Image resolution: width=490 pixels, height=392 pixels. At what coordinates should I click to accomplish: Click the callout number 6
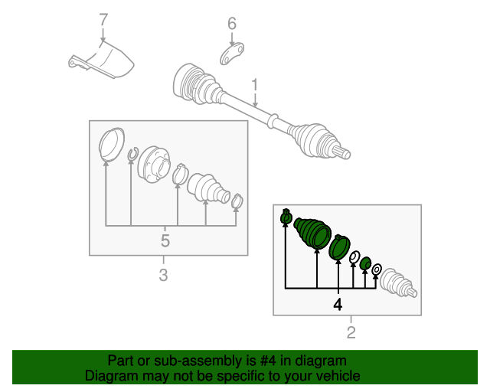(232, 24)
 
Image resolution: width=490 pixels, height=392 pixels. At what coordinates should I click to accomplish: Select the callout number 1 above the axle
(256, 85)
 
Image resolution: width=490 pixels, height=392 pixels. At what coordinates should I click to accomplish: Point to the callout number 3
(163, 274)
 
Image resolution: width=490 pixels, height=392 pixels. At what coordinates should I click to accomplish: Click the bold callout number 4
(337, 304)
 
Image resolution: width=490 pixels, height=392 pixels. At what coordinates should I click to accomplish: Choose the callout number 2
(351, 332)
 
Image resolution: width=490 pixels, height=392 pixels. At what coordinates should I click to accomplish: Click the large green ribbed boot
(312, 231)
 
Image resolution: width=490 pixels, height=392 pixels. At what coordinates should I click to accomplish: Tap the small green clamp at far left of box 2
(286, 217)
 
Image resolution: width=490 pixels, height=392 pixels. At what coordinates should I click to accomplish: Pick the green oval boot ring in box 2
(338, 248)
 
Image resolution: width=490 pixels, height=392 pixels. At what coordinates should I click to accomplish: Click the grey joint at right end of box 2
(398, 283)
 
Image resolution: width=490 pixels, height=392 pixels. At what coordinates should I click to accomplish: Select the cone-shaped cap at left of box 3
(112, 143)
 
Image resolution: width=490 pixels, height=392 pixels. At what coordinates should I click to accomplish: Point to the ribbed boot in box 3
(207, 188)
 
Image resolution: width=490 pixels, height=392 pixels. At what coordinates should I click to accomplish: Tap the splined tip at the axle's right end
(345, 153)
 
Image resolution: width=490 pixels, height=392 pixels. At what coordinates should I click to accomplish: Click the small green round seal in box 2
(365, 264)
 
